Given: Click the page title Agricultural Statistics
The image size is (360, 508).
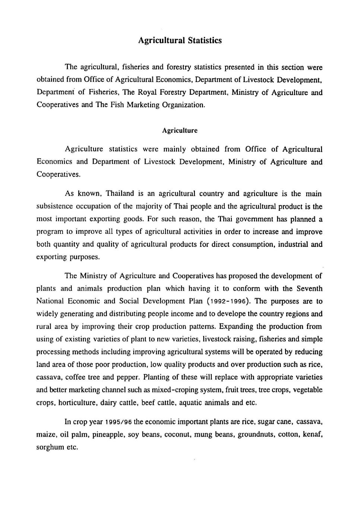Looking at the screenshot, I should (180, 40).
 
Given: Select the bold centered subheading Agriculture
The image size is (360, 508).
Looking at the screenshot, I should (180, 131).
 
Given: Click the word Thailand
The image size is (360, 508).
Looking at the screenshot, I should (120, 194).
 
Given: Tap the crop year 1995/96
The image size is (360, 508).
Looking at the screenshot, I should (118, 422).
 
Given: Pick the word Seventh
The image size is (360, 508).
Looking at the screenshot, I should (309, 289).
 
